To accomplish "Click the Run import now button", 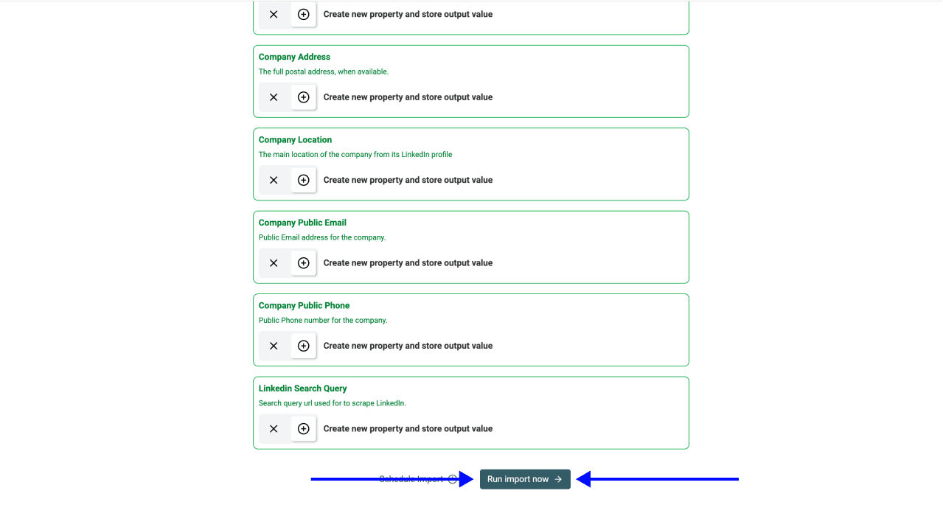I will pos(524,479).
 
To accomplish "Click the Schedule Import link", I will pos(411,479).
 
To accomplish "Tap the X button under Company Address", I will pos(274,97).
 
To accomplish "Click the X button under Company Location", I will pos(274,180).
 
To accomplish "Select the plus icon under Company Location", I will pos(303,180).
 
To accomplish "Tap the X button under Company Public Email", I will pos(274,263).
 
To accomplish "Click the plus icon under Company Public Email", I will pos(303,263).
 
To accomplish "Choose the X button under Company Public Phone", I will pos(274,346).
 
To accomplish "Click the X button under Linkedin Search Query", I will pos(274,429).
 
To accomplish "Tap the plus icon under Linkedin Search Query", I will pos(303,429).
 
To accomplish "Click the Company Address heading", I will pos(294,57).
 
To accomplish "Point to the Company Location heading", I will pos(295,140).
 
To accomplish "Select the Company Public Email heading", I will pos(302,223).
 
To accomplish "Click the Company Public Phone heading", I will pos(304,305).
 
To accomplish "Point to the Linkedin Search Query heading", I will pos(302,388).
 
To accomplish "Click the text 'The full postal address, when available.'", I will pos(323,72).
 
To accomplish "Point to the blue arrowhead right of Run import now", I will pos(584,479).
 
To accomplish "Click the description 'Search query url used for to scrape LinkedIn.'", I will pos(332,403).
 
